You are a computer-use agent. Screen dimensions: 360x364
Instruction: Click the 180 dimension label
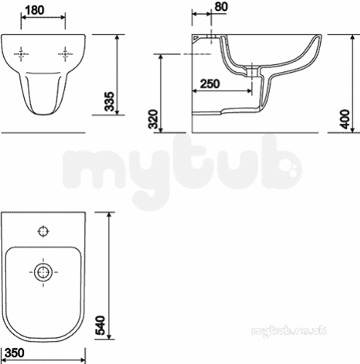pos(35,10)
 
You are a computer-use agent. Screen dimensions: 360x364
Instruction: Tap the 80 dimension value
pos(221,7)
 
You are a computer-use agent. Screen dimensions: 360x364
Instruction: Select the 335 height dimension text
pos(110,101)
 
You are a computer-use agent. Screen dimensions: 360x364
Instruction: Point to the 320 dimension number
pos(153,119)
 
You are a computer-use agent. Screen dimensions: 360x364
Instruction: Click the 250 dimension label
pos(210,84)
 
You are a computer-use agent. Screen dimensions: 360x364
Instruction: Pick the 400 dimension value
pos(345,119)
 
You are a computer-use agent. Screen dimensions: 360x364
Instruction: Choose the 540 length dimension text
pos(100,325)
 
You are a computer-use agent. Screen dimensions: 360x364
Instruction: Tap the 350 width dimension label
pos(15,352)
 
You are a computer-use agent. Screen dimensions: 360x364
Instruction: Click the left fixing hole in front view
pos(21,54)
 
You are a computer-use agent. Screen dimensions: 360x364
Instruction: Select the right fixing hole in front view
pos(65,54)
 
